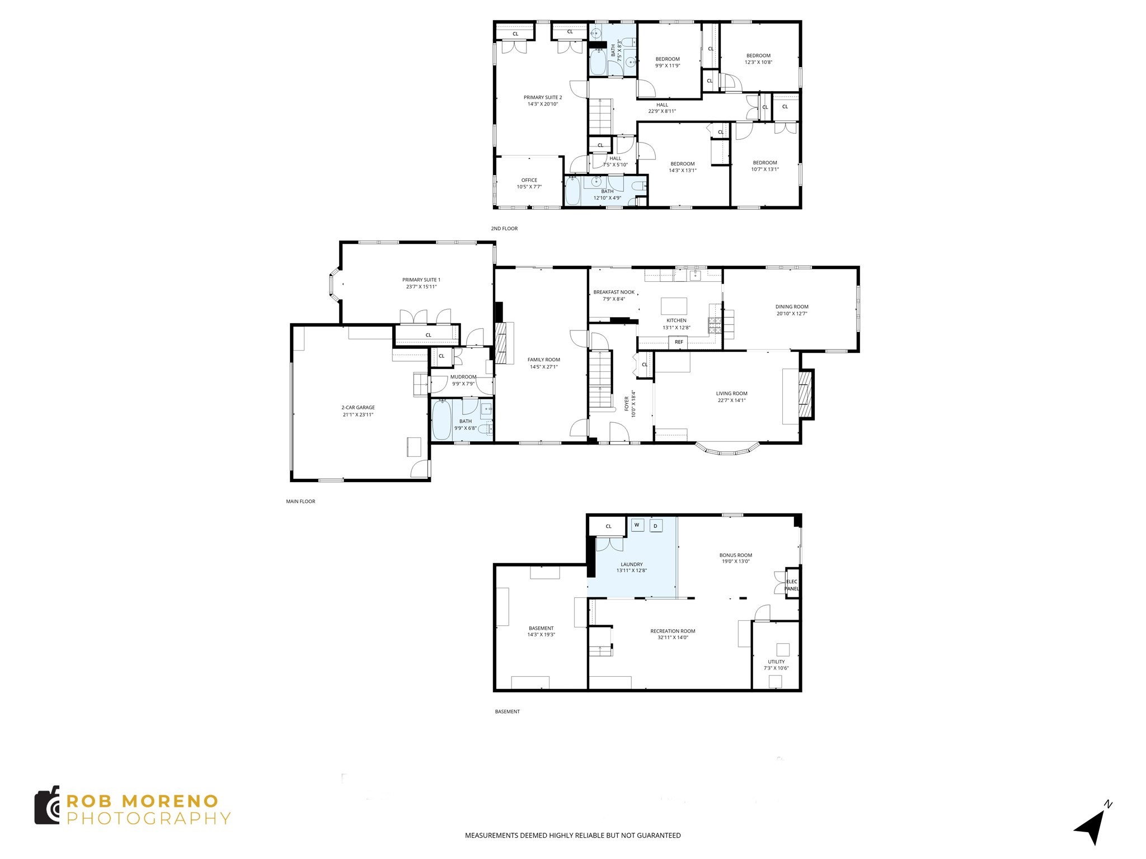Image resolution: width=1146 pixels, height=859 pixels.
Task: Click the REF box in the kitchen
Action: click(679, 342)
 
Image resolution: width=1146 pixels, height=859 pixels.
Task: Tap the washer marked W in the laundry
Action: click(637, 525)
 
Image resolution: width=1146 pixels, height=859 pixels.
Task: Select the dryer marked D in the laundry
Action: click(655, 526)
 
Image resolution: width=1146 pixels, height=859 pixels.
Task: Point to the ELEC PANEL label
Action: click(792, 585)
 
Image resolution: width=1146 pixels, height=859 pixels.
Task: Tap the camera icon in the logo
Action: click(48, 805)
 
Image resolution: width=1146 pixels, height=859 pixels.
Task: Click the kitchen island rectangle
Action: click(674, 306)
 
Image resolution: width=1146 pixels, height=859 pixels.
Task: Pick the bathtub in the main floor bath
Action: click(442, 421)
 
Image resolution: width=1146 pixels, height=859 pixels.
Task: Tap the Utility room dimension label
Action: click(776, 668)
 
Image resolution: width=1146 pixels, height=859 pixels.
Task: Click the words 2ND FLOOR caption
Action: click(504, 229)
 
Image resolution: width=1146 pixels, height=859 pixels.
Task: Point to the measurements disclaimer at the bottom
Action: click(572, 836)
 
